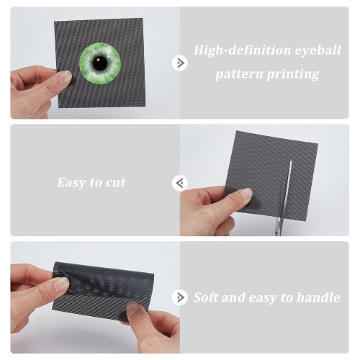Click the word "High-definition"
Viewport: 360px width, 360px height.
242,50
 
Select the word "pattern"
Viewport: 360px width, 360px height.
239,74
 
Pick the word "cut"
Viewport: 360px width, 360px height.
116,183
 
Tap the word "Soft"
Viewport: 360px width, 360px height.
206,297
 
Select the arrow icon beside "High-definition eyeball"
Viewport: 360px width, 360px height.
180,63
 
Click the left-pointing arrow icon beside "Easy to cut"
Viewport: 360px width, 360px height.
180,183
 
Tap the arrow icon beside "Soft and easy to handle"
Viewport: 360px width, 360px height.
180,297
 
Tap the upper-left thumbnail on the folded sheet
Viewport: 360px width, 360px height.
60,284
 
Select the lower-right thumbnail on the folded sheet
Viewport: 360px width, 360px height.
133,309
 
